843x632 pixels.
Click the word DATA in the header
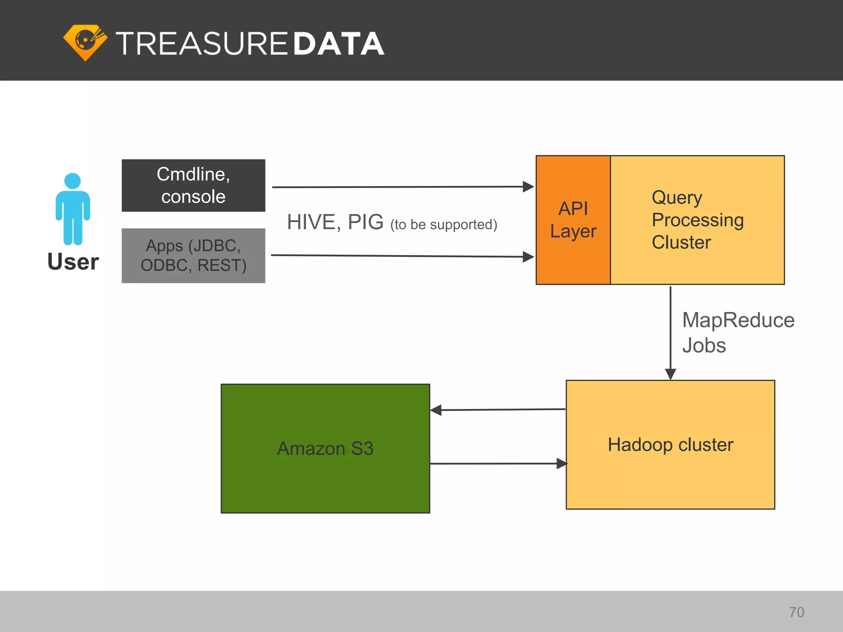pyautogui.click(x=339, y=44)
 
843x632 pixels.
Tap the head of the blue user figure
pyautogui.click(x=72, y=181)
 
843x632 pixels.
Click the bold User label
pyautogui.click(x=73, y=262)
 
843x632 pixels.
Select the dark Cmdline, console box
pyautogui.click(x=193, y=186)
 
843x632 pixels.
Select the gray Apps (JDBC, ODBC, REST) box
pyautogui.click(x=193, y=256)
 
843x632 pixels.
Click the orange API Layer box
pyautogui.click(x=573, y=220)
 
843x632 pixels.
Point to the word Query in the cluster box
pyautogui.click(x=677, y=198)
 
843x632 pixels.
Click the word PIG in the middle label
pyautogui.click(x=366, y=222)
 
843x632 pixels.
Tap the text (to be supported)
pyautogui.click(x=444, y=225)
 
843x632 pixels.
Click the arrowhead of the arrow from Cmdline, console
pyautogui.click(x=528, y=187)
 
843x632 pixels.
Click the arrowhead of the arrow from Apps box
pyautogui.click(x=528, y=257)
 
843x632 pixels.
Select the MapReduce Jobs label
pyautogui.click(x=738, y=332)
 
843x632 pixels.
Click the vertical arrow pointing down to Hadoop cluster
pyautogui.click(x=671, y=329)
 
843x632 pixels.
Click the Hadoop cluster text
pyautogui.click(x=671, y=445)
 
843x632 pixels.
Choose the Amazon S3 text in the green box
pyautogui.click(x=325, y=448)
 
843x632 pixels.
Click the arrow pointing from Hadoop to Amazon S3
pyautogui.click(x=498, y=410)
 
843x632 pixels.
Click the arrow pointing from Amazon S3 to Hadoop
pyautogui.click(x=498, y=464)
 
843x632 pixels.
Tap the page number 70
pyautogui.click(x=796, y=612)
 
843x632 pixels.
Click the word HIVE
pyautogui.click(x=314, y=222)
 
